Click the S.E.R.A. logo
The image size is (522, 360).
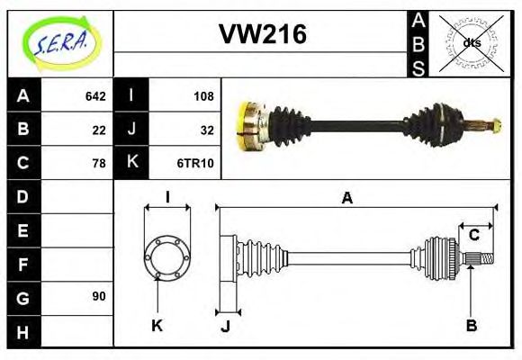point(59,43)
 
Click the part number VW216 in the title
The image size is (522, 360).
point(263,34)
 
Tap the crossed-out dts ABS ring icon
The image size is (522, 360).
point(471,43)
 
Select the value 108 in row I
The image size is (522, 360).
point(203,96)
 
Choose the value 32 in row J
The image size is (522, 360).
point(207,130)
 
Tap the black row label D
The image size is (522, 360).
point(23,196)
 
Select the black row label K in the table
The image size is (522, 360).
point(131,163)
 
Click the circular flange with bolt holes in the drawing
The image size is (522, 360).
point(167,256)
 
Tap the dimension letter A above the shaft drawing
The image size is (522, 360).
point(346,198)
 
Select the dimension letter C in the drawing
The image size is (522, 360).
point(473,236)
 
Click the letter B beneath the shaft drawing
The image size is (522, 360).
point(471,325)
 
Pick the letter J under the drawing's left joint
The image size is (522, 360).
point(226,327)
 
